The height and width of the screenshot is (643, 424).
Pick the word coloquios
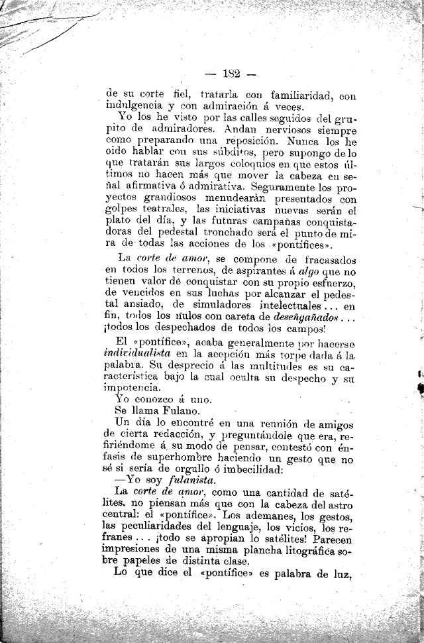point(254,165)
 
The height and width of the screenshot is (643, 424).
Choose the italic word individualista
point(138,355)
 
